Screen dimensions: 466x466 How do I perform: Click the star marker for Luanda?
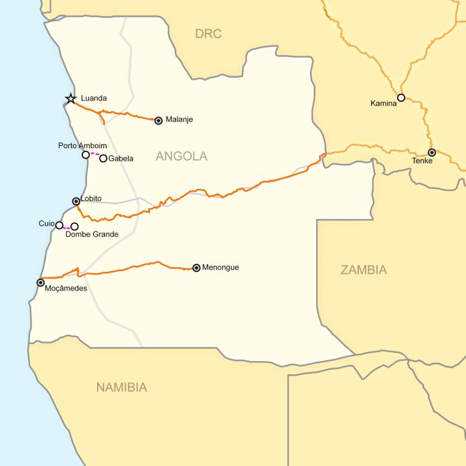[70, 99]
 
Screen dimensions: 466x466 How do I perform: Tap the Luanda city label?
[94, 98]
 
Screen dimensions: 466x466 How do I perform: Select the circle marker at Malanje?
[159, 121]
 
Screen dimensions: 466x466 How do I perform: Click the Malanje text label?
[179, 120]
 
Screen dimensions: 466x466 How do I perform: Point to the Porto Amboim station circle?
[86, 155]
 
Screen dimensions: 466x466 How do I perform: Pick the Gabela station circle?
[103, 159]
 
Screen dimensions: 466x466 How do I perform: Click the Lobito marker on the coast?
[76, 201]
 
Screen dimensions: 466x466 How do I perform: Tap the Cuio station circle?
[60, 225]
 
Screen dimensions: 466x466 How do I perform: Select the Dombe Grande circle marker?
[74, 226]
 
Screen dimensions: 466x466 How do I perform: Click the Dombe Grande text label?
[92, 234]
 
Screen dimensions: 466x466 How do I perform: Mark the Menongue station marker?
[196, 268]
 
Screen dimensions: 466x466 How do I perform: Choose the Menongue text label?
[220, 267]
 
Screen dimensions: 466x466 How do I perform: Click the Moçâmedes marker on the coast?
[40, 283]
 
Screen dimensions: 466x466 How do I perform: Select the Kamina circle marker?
[401, 98]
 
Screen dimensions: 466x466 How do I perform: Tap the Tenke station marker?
[432, 152]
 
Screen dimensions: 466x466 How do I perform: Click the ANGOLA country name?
[181, 157]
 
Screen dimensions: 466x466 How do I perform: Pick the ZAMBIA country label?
[364, 270]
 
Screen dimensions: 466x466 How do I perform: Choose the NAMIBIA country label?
[122, 387]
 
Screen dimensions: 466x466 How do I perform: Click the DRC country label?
[208, 33]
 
